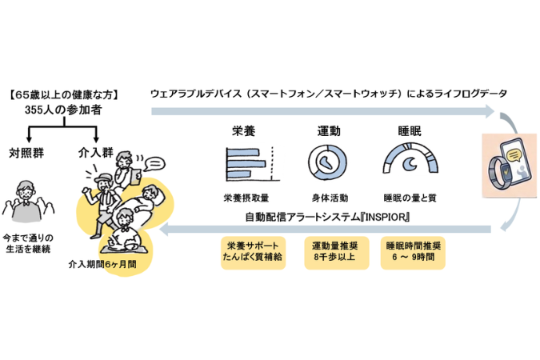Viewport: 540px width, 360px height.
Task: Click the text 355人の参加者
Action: (63, 110)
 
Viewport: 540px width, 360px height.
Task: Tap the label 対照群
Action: (26, 153)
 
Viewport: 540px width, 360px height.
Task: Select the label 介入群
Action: (95, 152)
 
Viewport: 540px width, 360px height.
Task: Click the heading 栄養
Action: (243, 131)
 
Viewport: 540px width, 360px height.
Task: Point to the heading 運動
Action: (329, 131)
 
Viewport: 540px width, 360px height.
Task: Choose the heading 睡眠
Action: (410, 131)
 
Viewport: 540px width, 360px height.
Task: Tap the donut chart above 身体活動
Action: (327, 162)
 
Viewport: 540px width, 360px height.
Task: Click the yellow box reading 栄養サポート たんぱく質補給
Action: (253, 253)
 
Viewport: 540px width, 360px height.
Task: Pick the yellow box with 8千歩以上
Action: (337, 253)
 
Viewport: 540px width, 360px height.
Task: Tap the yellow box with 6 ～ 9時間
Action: (413, 253)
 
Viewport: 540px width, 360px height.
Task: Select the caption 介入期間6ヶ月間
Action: (102, 264)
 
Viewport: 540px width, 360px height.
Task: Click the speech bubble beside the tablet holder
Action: (154, 164)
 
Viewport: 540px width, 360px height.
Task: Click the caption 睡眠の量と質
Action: (410, 198)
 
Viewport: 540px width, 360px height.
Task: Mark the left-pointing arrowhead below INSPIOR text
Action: (164, 229)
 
